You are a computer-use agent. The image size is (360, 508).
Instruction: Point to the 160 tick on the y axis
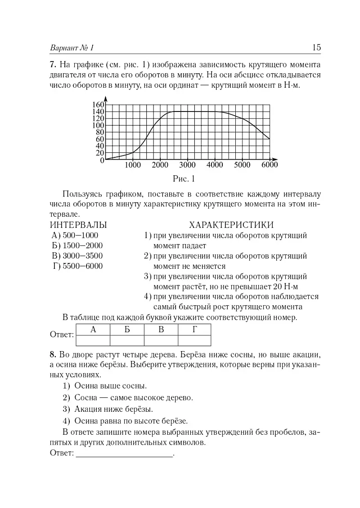coord(99,105)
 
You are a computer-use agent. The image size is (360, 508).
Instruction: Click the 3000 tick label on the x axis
coord(187,165)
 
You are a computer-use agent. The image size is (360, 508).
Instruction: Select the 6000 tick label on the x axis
coord(269,165)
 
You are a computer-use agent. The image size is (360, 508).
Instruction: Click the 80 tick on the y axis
coord(100,132)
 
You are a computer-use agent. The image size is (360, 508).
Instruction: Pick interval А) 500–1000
coord(75,235)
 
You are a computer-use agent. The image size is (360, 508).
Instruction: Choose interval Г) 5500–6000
coord(77,266)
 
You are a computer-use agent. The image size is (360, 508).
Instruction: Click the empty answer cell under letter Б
coord(127,340)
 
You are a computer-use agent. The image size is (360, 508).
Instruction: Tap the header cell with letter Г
coord(194,330)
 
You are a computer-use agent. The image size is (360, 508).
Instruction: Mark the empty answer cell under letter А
coord(93,340)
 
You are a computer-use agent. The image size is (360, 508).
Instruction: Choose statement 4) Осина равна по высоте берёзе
coord(125,421)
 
